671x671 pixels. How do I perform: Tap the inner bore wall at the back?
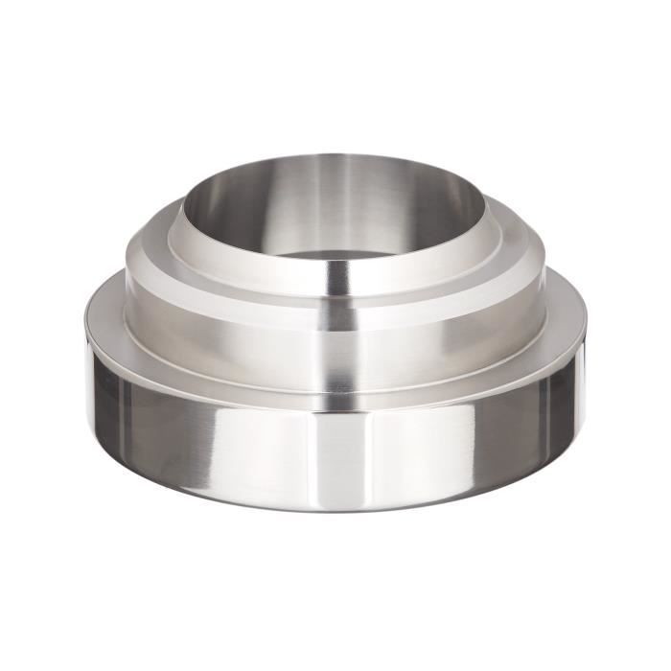pyautogui.click(x=335, y=192)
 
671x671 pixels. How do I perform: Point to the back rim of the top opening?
pyautogui.click(x=335, y=156)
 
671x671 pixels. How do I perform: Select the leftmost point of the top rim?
pyautogui.click(x=182, y=207)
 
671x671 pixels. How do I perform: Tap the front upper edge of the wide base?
pyautogui.click(x=335, y=393)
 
